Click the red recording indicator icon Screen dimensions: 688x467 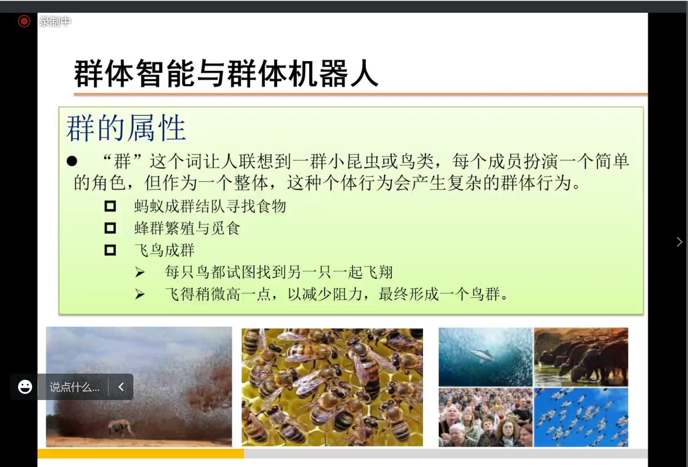pyautogui.click(x=24, y=21)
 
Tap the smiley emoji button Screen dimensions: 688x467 pyautogui.click(x=25, y=387)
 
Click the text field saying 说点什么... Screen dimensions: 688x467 pyautogui.click(x=74, y=387)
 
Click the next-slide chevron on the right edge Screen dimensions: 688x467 pyautogui.click(x=679, y=242)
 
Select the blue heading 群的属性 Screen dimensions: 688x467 pyautogui.click(x=126, y=128)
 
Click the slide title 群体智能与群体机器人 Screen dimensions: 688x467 pyautogui.click(x=226, y=73)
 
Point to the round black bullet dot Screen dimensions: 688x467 pyautogui.click(x=72, y=161)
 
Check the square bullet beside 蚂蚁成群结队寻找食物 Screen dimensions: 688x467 pyautogui.click(x=110, y=206)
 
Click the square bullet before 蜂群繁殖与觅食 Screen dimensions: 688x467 pyautogui.click(x=110, y=228)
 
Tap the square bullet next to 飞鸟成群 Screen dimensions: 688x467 pyautogui.click(x=110, y=250)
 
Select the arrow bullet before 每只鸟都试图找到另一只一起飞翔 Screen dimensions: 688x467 pyautogui.click(x=140, y=272)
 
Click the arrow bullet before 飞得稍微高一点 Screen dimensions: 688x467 pyautogui.click(x=140, y=294)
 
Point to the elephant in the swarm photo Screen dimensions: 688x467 pyautogui.click(x=121, y=427)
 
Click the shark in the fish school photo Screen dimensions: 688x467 pyautogui.click(x=482, y=355)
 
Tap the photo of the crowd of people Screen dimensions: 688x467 pyautogui.click(x=486, y=417)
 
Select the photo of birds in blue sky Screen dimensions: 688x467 pyautogui.click(x=581, y=417)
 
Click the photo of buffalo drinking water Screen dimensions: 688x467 pyautogui.click(x=581, y=357)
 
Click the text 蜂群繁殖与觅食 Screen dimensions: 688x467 pyautogui.click(x=187, y=228)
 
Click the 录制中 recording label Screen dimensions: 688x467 pyautogui.click(x=55, y=21)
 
